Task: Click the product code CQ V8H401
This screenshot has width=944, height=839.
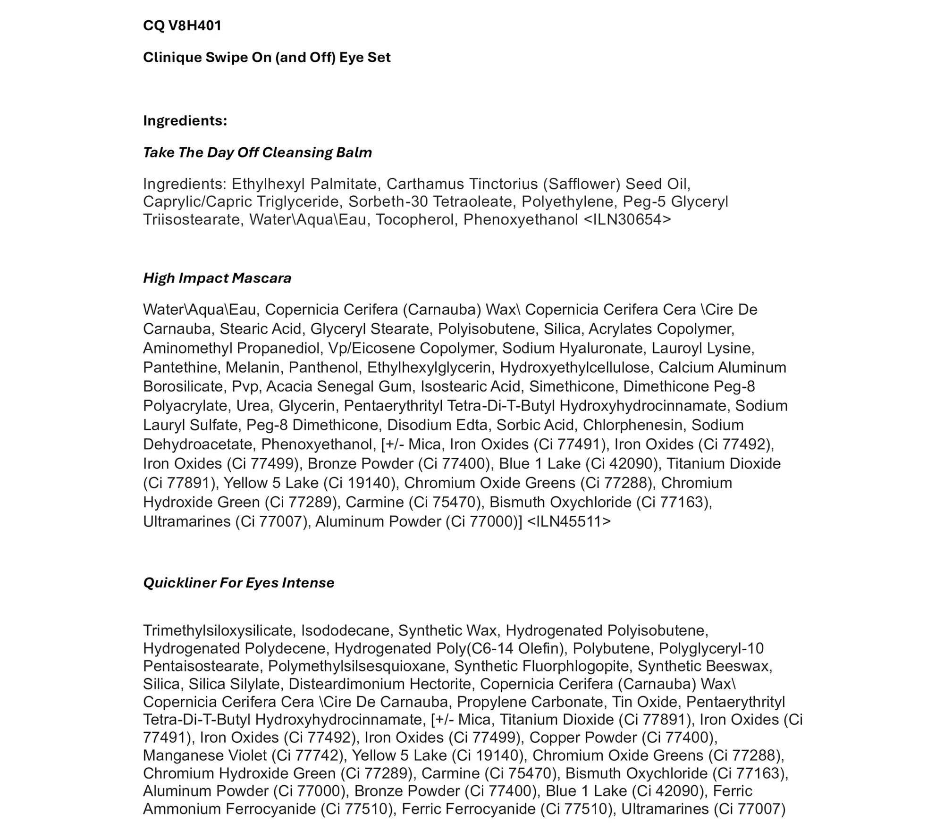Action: click(182, 25)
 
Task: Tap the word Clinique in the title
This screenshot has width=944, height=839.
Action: click(172, 58)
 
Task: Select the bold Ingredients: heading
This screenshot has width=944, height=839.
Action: click(185, 121)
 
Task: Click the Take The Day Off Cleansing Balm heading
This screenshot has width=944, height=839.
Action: click(257, 152)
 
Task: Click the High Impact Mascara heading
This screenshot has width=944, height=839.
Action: click(217, 278)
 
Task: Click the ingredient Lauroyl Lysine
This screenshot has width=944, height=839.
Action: click(702, 348)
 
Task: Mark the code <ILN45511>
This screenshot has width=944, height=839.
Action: click(568, 521)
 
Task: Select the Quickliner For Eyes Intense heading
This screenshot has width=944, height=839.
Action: click(238, 583)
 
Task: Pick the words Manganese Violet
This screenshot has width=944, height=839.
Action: click(205, 755)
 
